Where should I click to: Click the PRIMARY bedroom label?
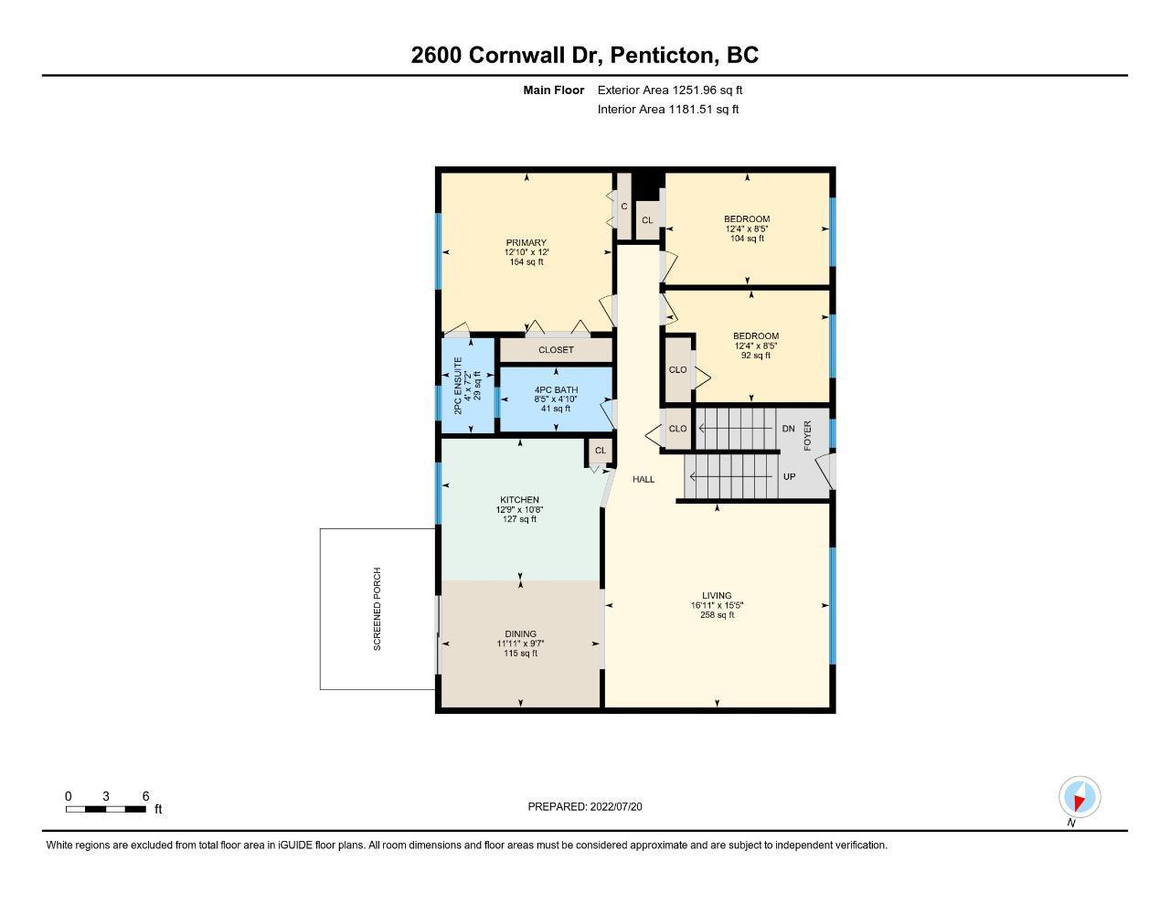[526, 243]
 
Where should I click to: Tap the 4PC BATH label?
[556, 389]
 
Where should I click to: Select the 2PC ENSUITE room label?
[458, 386]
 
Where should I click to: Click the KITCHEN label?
[519, 500]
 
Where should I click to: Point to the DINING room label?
[521, 633]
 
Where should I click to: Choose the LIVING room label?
[717, 595]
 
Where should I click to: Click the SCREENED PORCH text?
[377, 609]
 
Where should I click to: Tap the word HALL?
[643, 479]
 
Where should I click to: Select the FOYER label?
[807, 436]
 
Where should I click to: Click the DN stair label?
[788, 429]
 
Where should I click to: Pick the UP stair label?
[790, 476]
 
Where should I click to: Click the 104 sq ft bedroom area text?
[747, 239]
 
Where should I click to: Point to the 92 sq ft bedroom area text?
[756, 356]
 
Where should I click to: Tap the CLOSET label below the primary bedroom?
[556, 350]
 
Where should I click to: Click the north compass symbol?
[1080, 797]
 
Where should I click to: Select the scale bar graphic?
[106, 809]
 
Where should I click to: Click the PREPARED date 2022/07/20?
[616, 806]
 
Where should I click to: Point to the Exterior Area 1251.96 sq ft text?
[670, 90]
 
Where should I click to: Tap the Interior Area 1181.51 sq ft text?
[667, 110]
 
